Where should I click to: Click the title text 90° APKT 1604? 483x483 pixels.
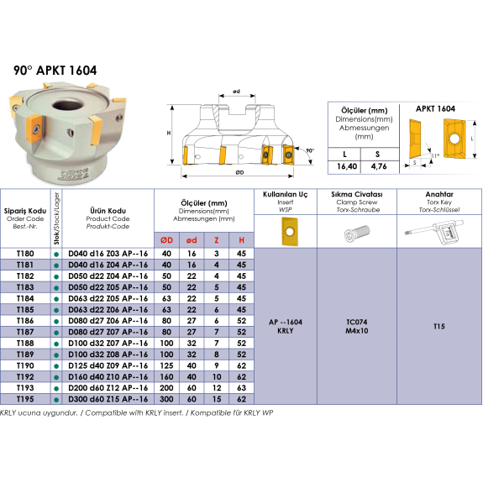tap(55, 71)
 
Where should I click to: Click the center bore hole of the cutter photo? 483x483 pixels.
tap(68, 105)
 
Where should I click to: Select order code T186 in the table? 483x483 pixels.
tap(25, 321)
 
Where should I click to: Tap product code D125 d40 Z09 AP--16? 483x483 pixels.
tap(108, 365)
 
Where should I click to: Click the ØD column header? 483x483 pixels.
tap(166, 240)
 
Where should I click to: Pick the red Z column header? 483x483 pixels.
tap(217, 240)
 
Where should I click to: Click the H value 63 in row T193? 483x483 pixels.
tap(242, 388)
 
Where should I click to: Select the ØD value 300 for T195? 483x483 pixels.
tap(166, 399)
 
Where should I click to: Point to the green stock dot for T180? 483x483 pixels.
tap(56, 255)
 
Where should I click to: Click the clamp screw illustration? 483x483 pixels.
tap(357, 232)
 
